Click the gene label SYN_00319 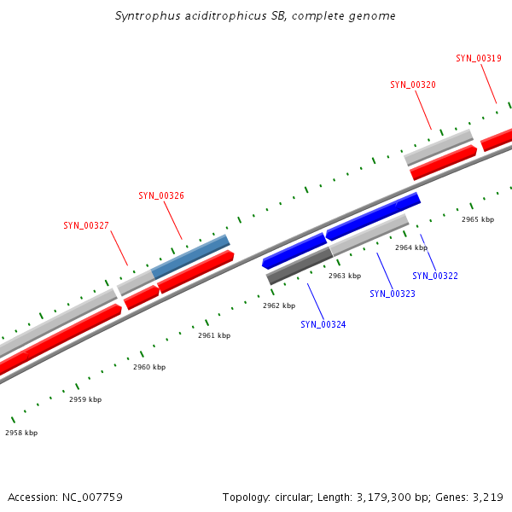(x=478, y=58)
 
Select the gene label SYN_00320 (x=413, y=85)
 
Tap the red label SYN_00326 (x=161, y=196)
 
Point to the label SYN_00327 (x=86, y=226)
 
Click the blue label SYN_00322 (x=435, y=276)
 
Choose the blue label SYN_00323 (x=393, y=294)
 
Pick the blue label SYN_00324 (x=323, y=325)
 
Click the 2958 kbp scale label (x=21, y=433)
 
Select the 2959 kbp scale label (x=85, y=400)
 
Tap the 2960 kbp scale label (x=149, y=368)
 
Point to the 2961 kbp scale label (x=214, y=336)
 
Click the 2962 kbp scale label (x=279, y=305)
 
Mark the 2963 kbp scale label (x=345, y=276)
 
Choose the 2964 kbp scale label (x=411, y=247)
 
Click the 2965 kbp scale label (x=478, y=220)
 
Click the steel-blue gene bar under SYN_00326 (x=191, y=257)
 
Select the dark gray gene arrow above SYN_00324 (x=299, y=266)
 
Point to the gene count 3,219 (x=487, y=497)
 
